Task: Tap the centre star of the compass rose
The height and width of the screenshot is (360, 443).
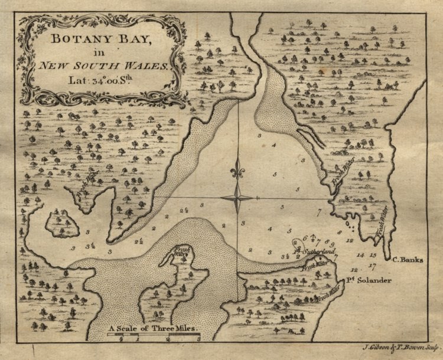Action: pos(238,197)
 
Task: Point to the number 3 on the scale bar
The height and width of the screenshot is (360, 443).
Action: pos(199,341)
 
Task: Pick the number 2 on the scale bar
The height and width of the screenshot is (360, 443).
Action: pos(169,341)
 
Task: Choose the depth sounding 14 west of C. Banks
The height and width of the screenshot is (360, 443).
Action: pos(361,255)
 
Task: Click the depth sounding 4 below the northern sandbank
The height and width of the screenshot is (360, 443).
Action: pos(273,145)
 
